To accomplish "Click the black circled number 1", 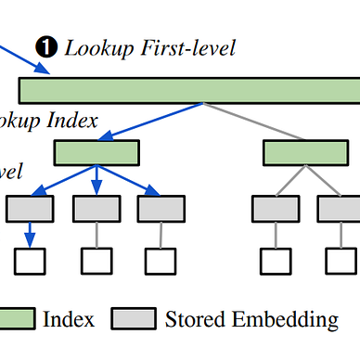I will pyautogui.click(x=45, y=45).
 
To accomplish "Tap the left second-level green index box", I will pyautogui.click(x=96, y=152).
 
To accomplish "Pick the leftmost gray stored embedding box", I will pyautogui.click(x=31, y=209).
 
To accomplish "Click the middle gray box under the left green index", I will pyautogui.click(x=96, y=209).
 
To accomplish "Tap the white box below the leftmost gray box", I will pyautogui.click(x=31, y=263).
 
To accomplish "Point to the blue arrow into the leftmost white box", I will pyautogui.click(x=31, y=236).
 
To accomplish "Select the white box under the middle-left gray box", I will pyautogui.click(x=96, y=263).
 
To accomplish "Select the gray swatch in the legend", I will pyautogui.click(x=134, y=320).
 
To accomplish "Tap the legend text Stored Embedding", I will pyautogui.click(x=251, y=320).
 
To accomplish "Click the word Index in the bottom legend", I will pyautogui.click(x=69, y=320).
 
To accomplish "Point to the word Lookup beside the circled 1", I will pyautogui.click(x=90, y=45).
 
